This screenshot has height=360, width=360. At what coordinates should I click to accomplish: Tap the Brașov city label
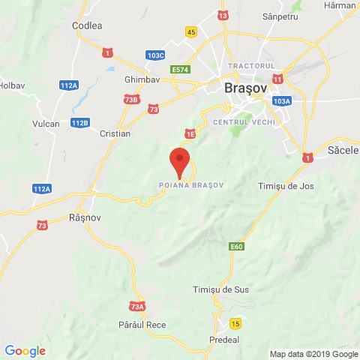[245, 88]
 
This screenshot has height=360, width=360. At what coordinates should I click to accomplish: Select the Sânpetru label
[281, 16]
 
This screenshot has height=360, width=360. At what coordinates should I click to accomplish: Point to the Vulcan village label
[46, 123]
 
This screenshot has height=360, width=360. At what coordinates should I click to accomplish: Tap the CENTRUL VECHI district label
[244, 121]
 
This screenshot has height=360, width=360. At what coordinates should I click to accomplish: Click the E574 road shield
[180, 70]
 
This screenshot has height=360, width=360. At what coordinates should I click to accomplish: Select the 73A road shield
[136, 306]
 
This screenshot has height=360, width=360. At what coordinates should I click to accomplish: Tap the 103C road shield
[156, 55]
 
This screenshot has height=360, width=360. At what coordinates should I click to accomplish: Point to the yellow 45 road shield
[192, 31]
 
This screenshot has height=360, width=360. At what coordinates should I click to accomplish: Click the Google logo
[25, 350]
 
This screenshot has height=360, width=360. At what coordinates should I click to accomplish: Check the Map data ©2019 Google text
[314, 354]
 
